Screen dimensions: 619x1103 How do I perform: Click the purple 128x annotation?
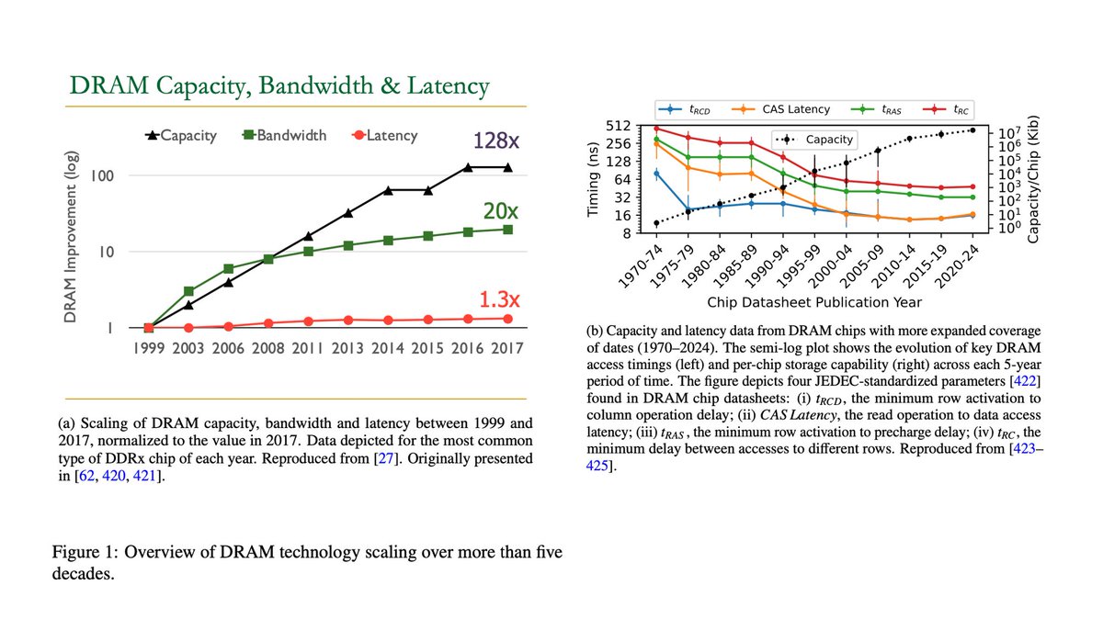coord(496,141)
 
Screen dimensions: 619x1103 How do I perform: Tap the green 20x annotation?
coord(500,211)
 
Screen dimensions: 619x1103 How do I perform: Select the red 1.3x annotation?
coord(500,299)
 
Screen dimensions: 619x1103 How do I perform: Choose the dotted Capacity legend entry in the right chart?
coord(820,140)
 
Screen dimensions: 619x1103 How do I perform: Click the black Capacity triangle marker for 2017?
coord(506,167)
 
